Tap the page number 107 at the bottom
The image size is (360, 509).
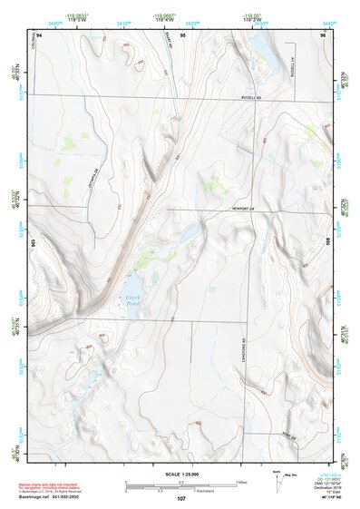[181, 499]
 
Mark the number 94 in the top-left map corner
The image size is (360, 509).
[41, 34]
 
